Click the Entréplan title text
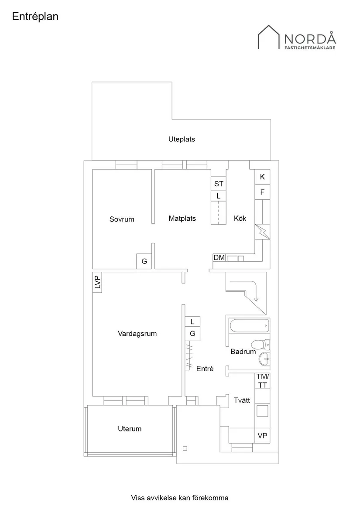pyautogui.click(x=35, y=17)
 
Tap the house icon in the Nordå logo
pyautogui.click(x=269, y=38)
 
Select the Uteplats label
pyautogui.click(x=182, y=140)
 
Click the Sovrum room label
pyautogui.click(x=122, y=219)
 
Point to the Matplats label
pyautogui.click(x=182, y=219)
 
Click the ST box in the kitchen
pyautogui.click(x=219, y=184)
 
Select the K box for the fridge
pyautogui.click(x=262, y=177)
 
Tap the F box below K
pyautogui.click(x=262, y=192)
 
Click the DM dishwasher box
pyautogui.click(x=219, y=258)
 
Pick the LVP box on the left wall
pyautogui.click(x=97, y=283)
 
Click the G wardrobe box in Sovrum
pyautogui.click(x=144, y=262)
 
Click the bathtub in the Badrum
pyautogui.click(x=249, y=325)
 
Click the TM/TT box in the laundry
pyautogui.click(x=263, y=380)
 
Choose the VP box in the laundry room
pyautogui.click(x=262, y=435)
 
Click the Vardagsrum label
pyautogui.click(x=137, y=334)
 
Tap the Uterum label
pyautogui.click(x=130, y=429)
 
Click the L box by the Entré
pyautogui.click(x=192, y=322)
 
